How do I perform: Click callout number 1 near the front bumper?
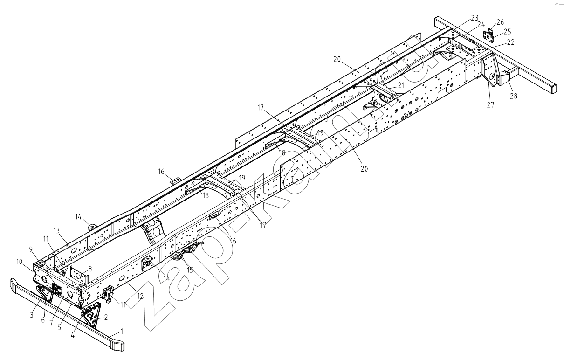click(x=122, y=331)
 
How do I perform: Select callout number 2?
click(x=106, y=318)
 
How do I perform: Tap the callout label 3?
click(x=32, y=315)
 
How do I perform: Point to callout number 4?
click(x=73, y=335)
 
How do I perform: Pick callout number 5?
click(x=59, y=327)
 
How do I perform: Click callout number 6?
click(x=43, y=320)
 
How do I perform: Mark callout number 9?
click(x=31, y=249)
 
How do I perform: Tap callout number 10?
click(x=20, y=262)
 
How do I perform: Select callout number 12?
click(x=140, y=296)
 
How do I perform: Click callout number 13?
click(x=56, y=230)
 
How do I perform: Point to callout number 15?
click(x=190, y=270)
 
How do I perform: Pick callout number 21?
click(x=401, y=85)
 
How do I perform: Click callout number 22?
click(x=511, y=42)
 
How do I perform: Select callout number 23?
click(x=475, y=18)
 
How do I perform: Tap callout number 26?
click(x=500, y=22)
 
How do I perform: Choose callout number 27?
click(x=490, y=104)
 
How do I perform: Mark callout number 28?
click(x=514, y=96)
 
